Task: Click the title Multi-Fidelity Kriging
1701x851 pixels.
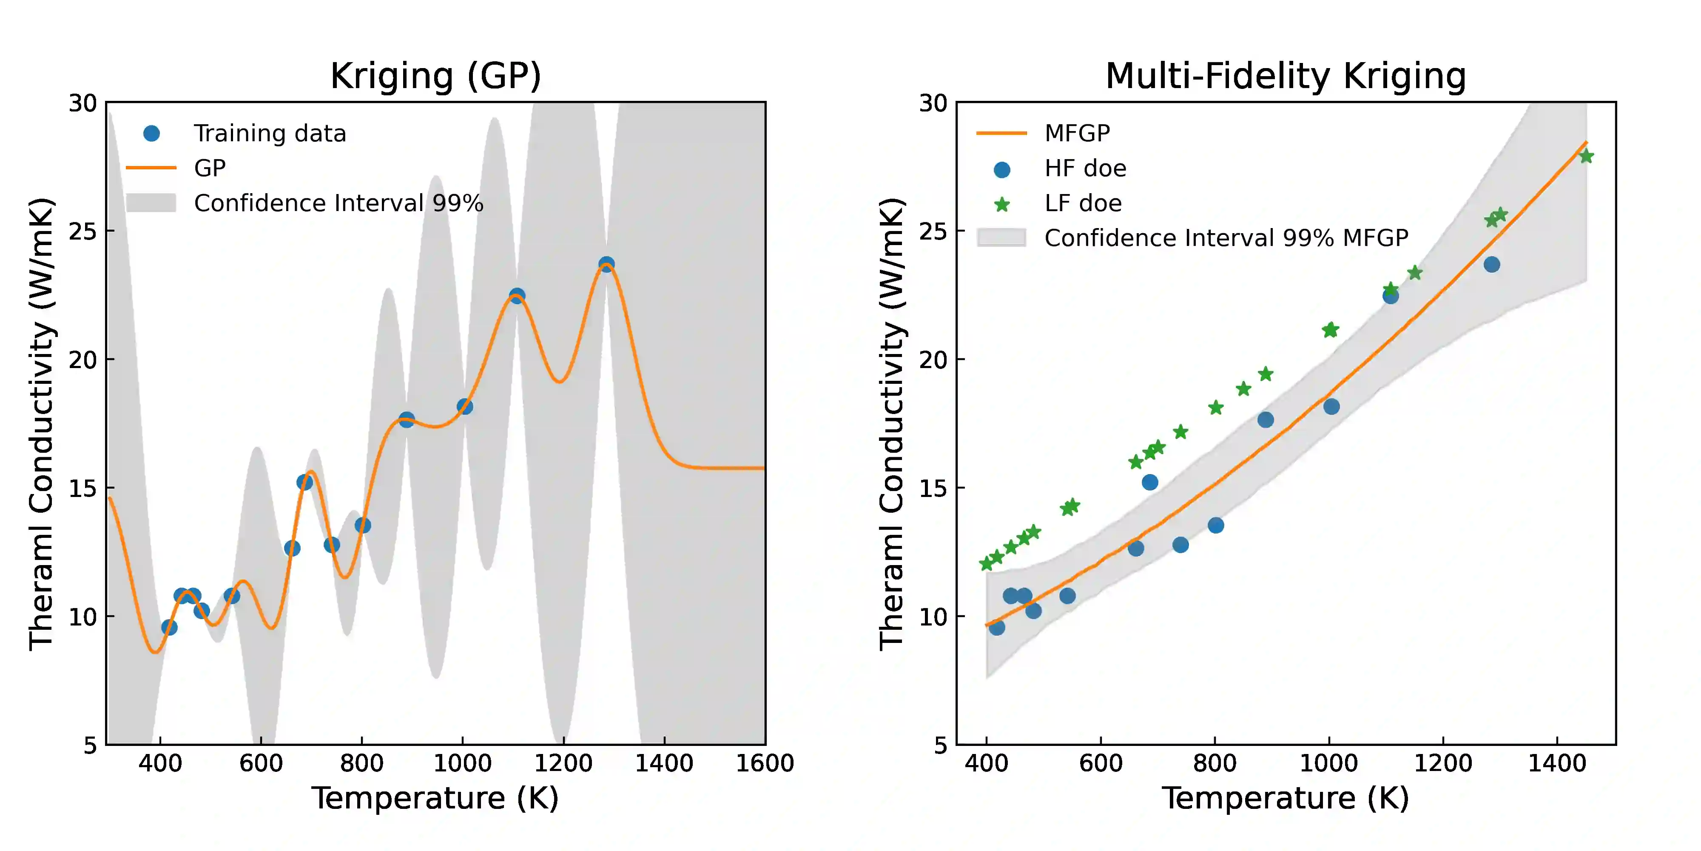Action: tap(1285, 76)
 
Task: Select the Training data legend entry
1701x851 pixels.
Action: tap(270, 134)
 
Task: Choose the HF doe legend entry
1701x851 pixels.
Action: tap(1084, 168)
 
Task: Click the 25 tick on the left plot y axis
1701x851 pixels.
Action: tap(83, 231)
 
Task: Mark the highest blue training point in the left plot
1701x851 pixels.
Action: tap(606, 264)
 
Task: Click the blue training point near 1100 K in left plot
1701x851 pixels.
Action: tap(517, 295)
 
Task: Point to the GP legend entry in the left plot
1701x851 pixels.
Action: tap(209, 168)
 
